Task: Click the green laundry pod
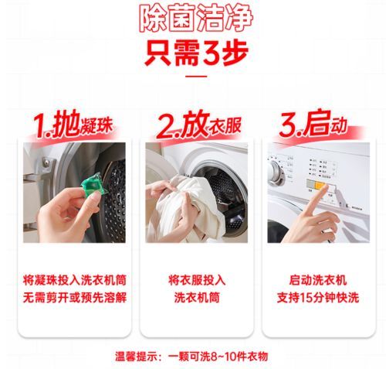point(92,183)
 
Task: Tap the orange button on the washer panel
point(320,185)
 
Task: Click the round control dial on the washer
point(276,173)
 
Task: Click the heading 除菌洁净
point(196,18)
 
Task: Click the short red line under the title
point(196,77)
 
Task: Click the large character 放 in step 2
point(195,124)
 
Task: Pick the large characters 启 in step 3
point(317,123)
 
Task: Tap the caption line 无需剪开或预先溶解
point(75,298)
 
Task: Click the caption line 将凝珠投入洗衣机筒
point(75,280)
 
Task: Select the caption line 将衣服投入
point(197,280)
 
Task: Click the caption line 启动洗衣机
point(318,280)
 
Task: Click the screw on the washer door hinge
point(46,162)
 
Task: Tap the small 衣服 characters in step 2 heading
point(225,126)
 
